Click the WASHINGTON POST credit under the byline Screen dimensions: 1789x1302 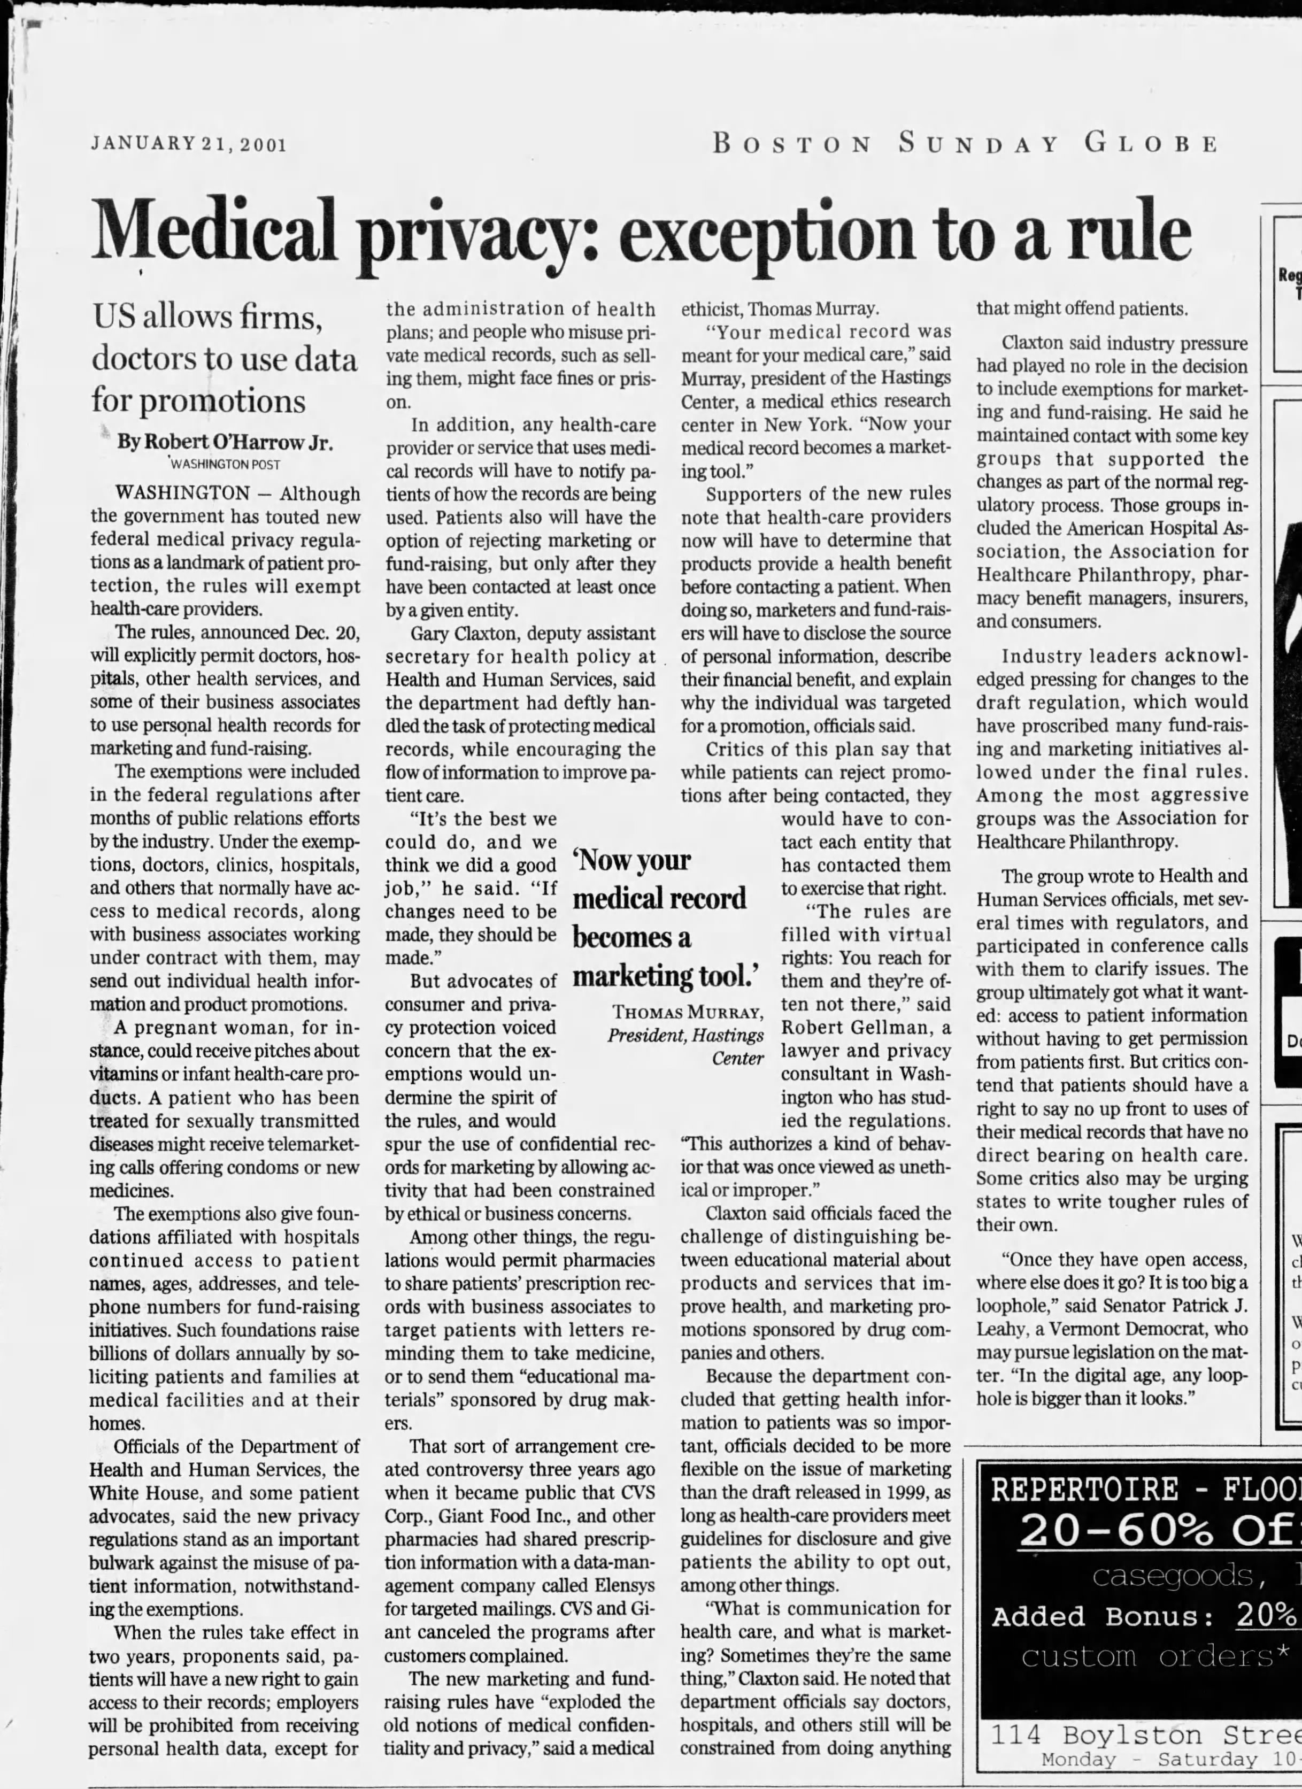point(225,465)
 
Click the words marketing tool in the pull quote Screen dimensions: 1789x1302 point(665,976)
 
